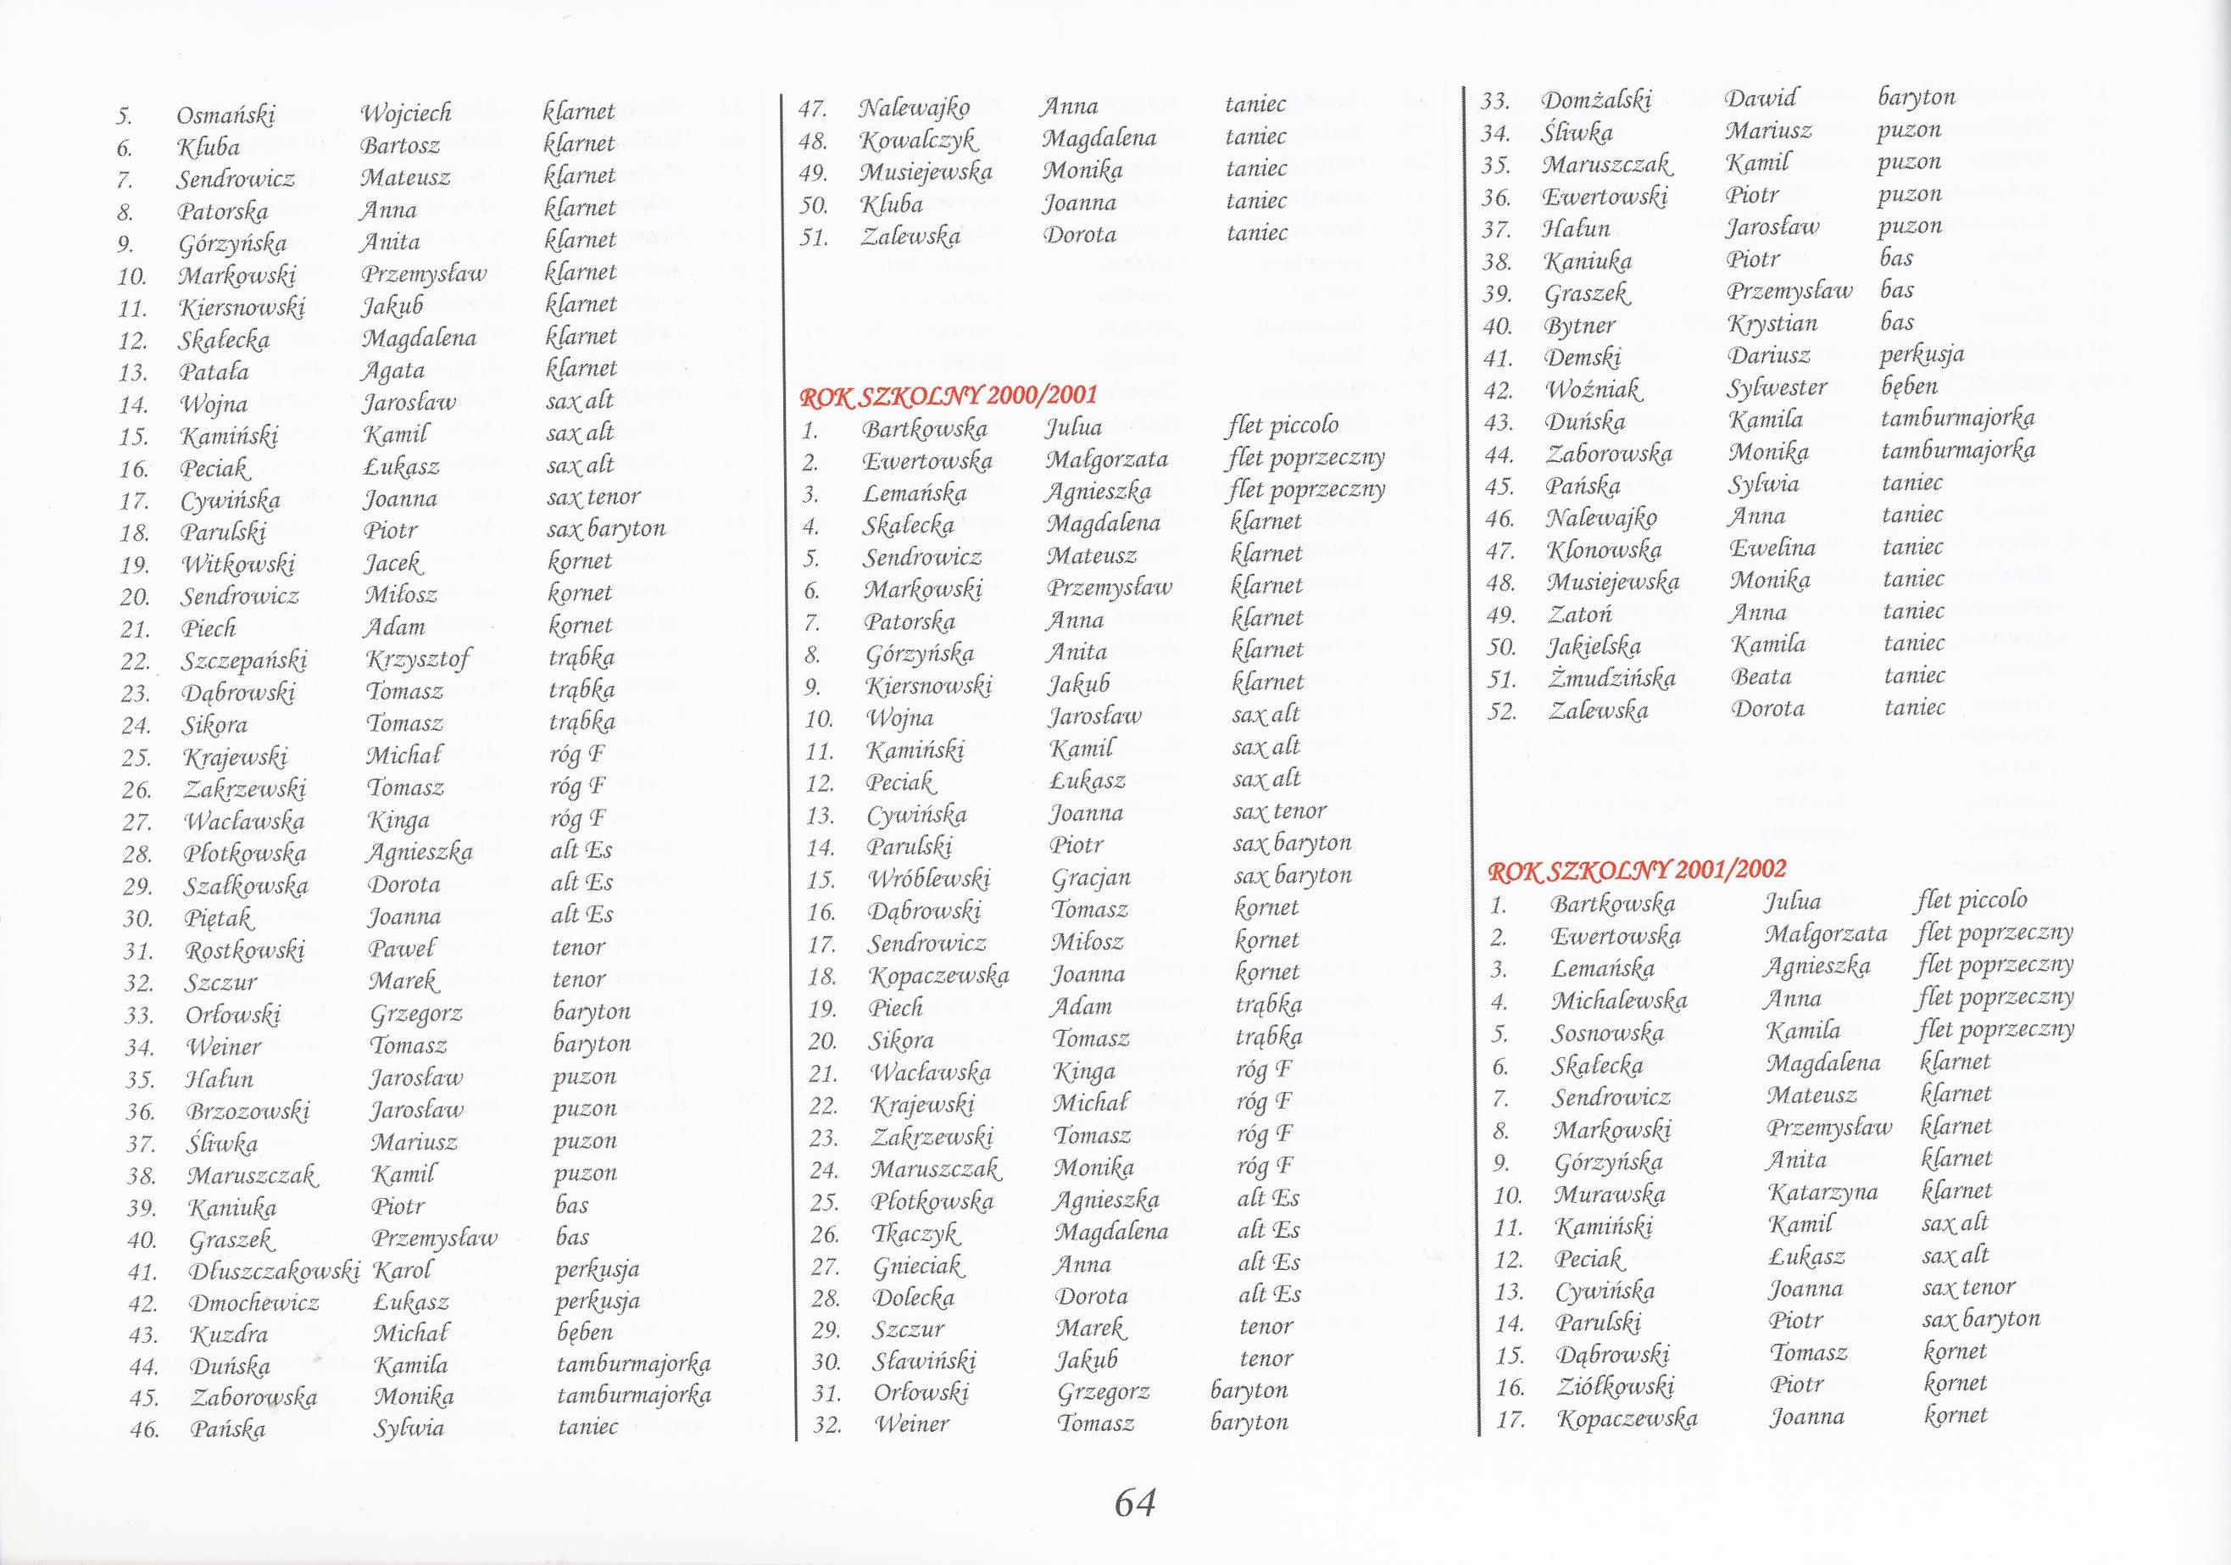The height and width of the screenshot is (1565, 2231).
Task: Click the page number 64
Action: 1134,1503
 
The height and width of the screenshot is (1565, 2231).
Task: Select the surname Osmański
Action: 225,115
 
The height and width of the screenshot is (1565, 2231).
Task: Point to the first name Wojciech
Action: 406,114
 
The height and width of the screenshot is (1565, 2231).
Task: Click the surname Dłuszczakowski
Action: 274,1272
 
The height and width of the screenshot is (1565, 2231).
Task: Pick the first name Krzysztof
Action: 418,660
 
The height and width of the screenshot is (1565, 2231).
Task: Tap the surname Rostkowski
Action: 244,950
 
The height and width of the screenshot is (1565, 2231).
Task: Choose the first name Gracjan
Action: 1090,877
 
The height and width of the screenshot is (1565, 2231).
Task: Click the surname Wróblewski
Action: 929,880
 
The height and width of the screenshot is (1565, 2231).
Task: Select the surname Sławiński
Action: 923,1361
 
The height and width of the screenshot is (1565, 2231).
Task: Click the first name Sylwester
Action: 1778,387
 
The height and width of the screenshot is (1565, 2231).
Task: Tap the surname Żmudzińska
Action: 1612,677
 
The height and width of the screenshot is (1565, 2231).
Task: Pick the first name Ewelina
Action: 1772,549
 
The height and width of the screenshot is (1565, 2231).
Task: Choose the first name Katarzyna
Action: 1809,1193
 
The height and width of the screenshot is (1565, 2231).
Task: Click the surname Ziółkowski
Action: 1614,1385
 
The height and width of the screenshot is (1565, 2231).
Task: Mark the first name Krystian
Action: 1772,324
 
